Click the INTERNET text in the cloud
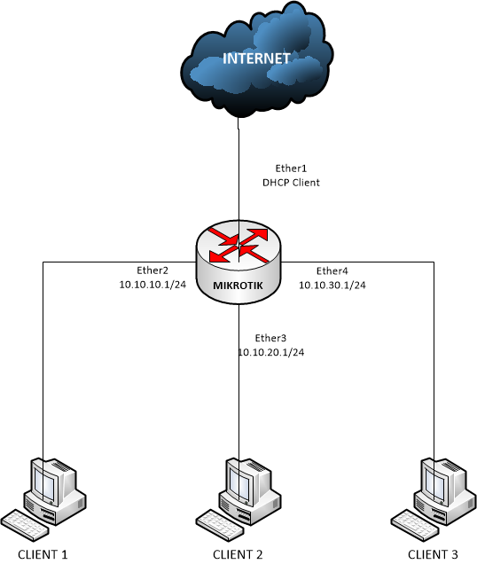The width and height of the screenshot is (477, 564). click(x=256, y=59)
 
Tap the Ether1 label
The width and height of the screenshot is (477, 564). click(x=291, y=168)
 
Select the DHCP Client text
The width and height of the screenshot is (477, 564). click(x=291, y=183)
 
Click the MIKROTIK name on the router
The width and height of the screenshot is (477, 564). click(x=238, y=286)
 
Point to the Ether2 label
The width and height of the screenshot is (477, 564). click(x=152, y=270)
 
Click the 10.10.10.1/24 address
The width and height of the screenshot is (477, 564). click(x=152, y=285)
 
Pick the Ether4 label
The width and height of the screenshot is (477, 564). click(x=332, y=270)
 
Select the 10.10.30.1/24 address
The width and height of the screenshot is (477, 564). click(x=332, y=286)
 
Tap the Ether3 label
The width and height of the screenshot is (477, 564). click(x=270, y=338)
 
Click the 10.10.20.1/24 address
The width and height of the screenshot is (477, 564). click(x=271, y=353)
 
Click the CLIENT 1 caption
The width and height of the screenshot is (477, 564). click(x=43, y=554)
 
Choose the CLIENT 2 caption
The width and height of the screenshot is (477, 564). click(x=238, y=554)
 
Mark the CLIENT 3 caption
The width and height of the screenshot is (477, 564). click(x=433, y=554)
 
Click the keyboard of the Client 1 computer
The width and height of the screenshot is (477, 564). click(x=25, y=525)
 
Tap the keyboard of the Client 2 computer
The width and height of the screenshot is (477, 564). click(x=220, y=525)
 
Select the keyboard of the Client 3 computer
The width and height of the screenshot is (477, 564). click(x=415, y=525)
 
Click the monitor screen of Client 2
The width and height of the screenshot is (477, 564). click(x=238, y=482)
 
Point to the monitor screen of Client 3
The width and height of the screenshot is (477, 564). click(x=434, y=482)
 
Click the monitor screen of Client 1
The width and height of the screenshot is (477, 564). click(x=43, y=482)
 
